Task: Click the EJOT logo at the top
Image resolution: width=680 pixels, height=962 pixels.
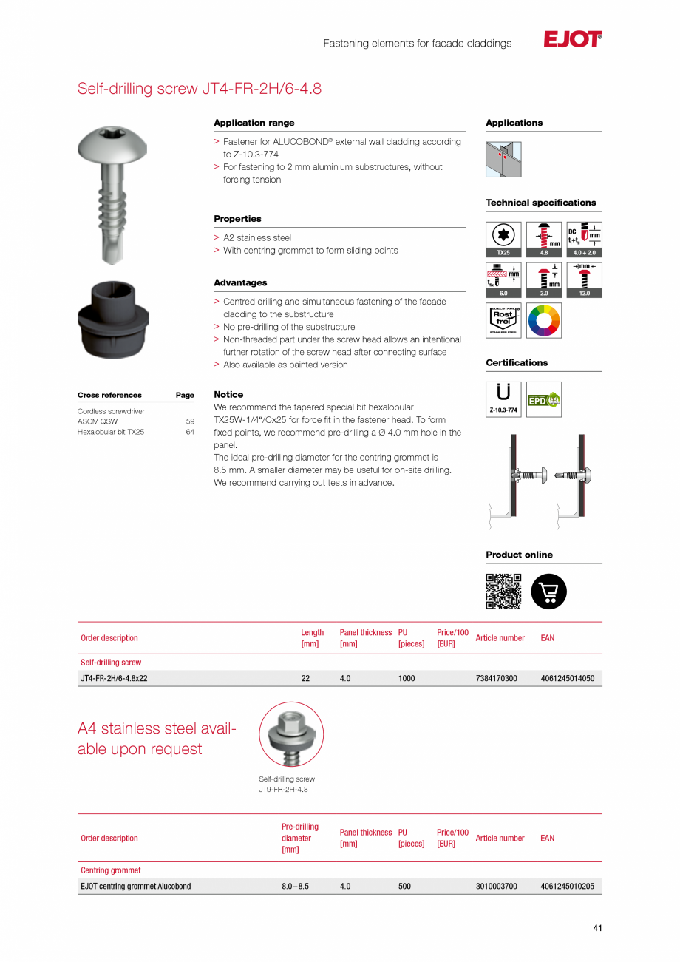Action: (x=572, y=40)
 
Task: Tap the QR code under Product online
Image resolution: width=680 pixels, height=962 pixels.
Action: (x=503, y=592)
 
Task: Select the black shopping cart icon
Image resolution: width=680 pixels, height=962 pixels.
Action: (x=549, y=592)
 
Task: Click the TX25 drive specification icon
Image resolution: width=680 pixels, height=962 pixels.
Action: (x=503, y=240)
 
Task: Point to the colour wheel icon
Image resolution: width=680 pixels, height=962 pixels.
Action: (x=544, y=320)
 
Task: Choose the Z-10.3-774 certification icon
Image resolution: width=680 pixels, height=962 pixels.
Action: (x=503, y=399)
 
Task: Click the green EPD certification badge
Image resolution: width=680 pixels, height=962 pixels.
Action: (x=544, y=399)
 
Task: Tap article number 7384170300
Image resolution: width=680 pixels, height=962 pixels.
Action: (x=496, y=678)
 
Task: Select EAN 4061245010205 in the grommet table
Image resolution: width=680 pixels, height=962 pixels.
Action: (x=567, y=886)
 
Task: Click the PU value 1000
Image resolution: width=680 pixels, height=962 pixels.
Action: (x=407, y=678)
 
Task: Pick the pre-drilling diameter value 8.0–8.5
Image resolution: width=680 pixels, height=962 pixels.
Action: (x=295, y=886)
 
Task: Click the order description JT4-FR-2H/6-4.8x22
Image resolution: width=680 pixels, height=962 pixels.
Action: (x=114, y=678)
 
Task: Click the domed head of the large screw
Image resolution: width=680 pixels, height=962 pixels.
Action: (x=109, y=145)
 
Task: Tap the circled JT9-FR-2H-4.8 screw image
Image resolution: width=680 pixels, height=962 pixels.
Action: (x=291, y=734)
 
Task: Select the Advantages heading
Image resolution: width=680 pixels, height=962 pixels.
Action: (x=240, y=282)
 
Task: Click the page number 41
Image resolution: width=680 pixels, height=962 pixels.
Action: (x=597, y=928)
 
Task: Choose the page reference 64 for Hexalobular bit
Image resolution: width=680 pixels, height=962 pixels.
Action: (x=190, y=432)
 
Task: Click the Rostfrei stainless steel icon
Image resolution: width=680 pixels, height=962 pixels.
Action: (x=503, y=320)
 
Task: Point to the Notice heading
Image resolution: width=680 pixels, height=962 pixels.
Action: (x=228, y=395)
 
